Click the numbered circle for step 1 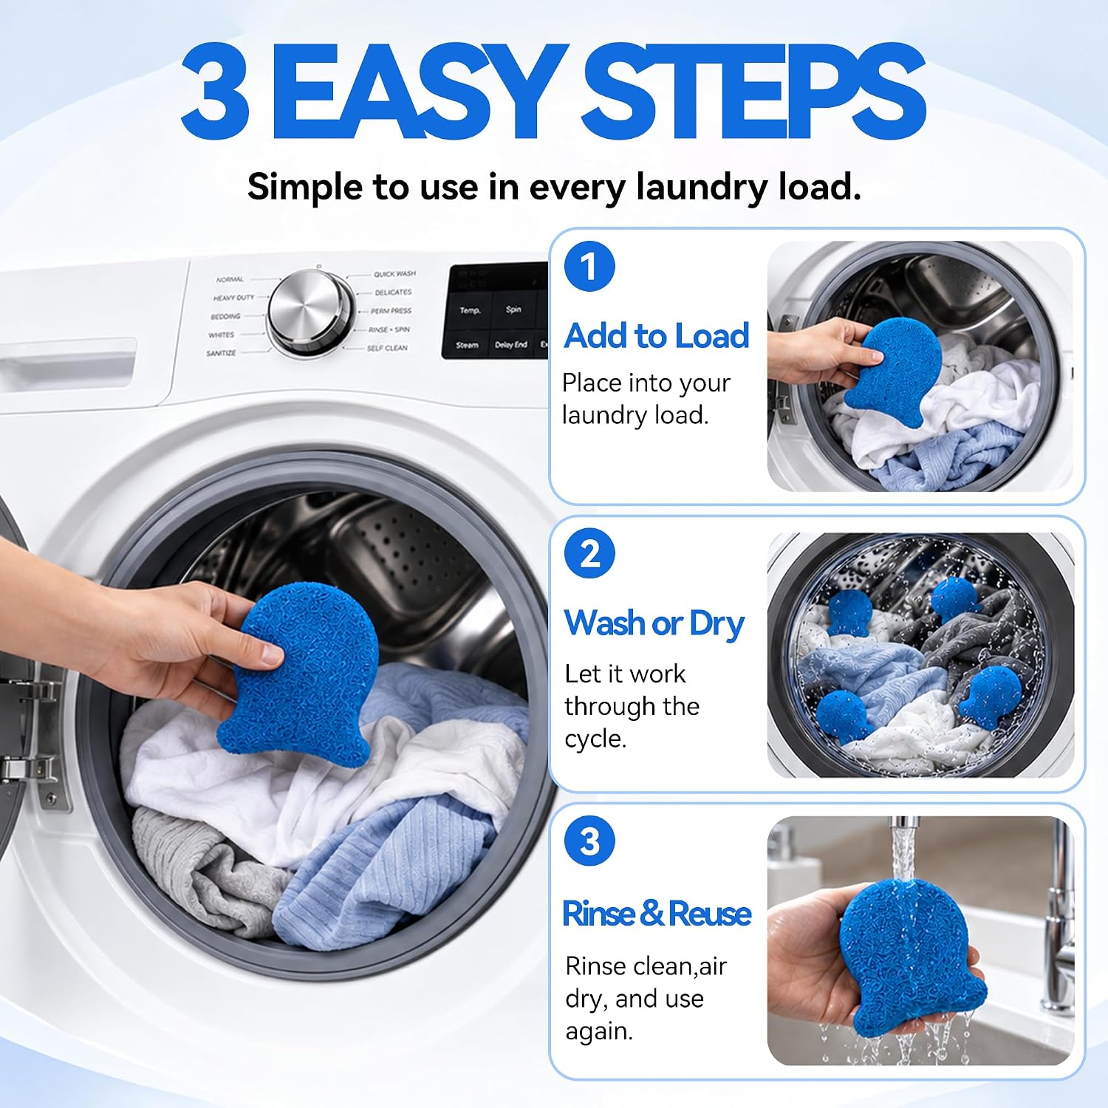(x=589, y=267)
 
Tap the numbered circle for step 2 (x=589, y=553)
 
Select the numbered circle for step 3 (x=589, y=841)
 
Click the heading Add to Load (x=656, y=335)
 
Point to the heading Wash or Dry (x=654, y=624)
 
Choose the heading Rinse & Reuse (x=656, y=913)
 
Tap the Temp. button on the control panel (x=470, y=310)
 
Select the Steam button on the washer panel (x=467, y=345)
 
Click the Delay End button (x=511, y=345)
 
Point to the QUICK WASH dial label (x=394, y=274)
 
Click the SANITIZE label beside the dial (x=221, y=353)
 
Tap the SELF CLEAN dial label (x=387, y=348)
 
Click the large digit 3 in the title (x=214, y=91)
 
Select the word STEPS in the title (x=754, y=91)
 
